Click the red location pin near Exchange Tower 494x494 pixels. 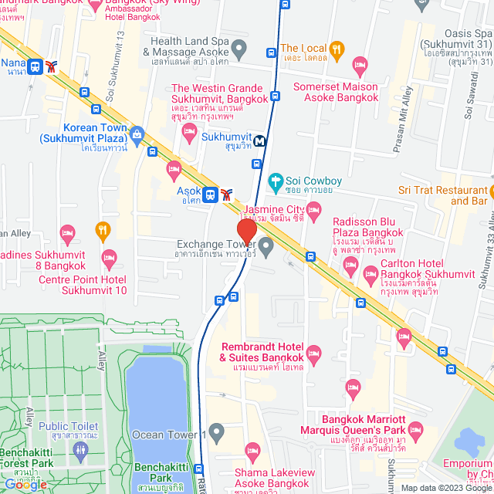pyautogui.click(x=246, y=232)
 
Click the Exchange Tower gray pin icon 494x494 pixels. pyautogui.click(x=266, y=247)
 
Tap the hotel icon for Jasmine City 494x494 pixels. pyautogui.click(x=313, y=209)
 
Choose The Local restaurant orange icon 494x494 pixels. pyautogui.click(x=337, y=50)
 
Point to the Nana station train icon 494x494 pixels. pyautogui.click(x=35, y=66)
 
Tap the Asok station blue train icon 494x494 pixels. pyautogui.click(x=210, y=193)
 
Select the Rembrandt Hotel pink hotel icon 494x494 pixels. pyautogui.click(x=313, y=356)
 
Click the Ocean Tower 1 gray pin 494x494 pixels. pyautogui.click(x=217, y=431)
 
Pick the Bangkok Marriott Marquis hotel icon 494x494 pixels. pyautogui.click(x=416, y=428)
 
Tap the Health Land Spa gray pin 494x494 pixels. pyautogui.click(x=239, y=51)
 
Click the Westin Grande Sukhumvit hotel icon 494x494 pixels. pyautogui.click(x=189, y=132)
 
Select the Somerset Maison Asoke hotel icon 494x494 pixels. pyautogui.click(x=358, y=64)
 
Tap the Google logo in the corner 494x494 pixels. pyautogui.click(x=25, y=484)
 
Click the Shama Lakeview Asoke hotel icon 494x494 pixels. pyautogui.click(x=252, y=449)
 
